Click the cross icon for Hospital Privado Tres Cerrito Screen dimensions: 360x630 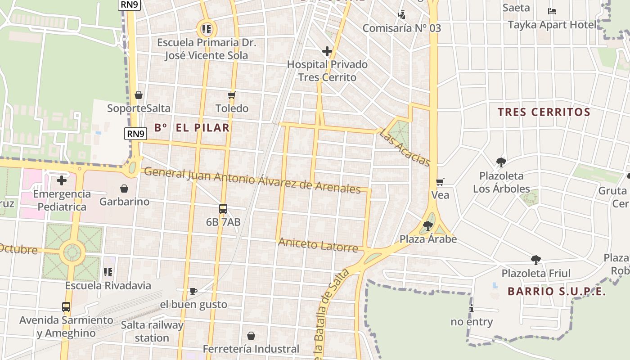(327, 51)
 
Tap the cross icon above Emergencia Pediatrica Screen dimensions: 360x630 (62, 180)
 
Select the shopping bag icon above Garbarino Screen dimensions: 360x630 (124, 189)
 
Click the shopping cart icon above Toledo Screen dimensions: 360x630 (232, 95)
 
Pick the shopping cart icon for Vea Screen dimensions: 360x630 (440, 182)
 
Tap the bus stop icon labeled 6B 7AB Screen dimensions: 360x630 (223, 209)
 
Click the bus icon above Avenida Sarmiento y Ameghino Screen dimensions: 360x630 (66, 307)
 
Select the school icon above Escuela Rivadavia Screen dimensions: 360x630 (108, 272)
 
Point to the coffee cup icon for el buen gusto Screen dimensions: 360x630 (193, 291)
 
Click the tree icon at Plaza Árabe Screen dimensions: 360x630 (428, 225)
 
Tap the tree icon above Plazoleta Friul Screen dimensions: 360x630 (535, 260)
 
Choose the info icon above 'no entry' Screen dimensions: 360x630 (472, 309)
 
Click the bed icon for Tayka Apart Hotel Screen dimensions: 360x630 (552, 11)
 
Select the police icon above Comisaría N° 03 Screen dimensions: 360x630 (401, 14)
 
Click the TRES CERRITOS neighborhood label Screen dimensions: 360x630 (544, 112)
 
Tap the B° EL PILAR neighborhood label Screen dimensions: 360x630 (192, 128)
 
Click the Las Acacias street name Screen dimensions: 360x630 (405, 148)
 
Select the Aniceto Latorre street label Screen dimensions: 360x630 (318, 245)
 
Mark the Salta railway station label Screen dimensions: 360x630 (152, 331)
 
